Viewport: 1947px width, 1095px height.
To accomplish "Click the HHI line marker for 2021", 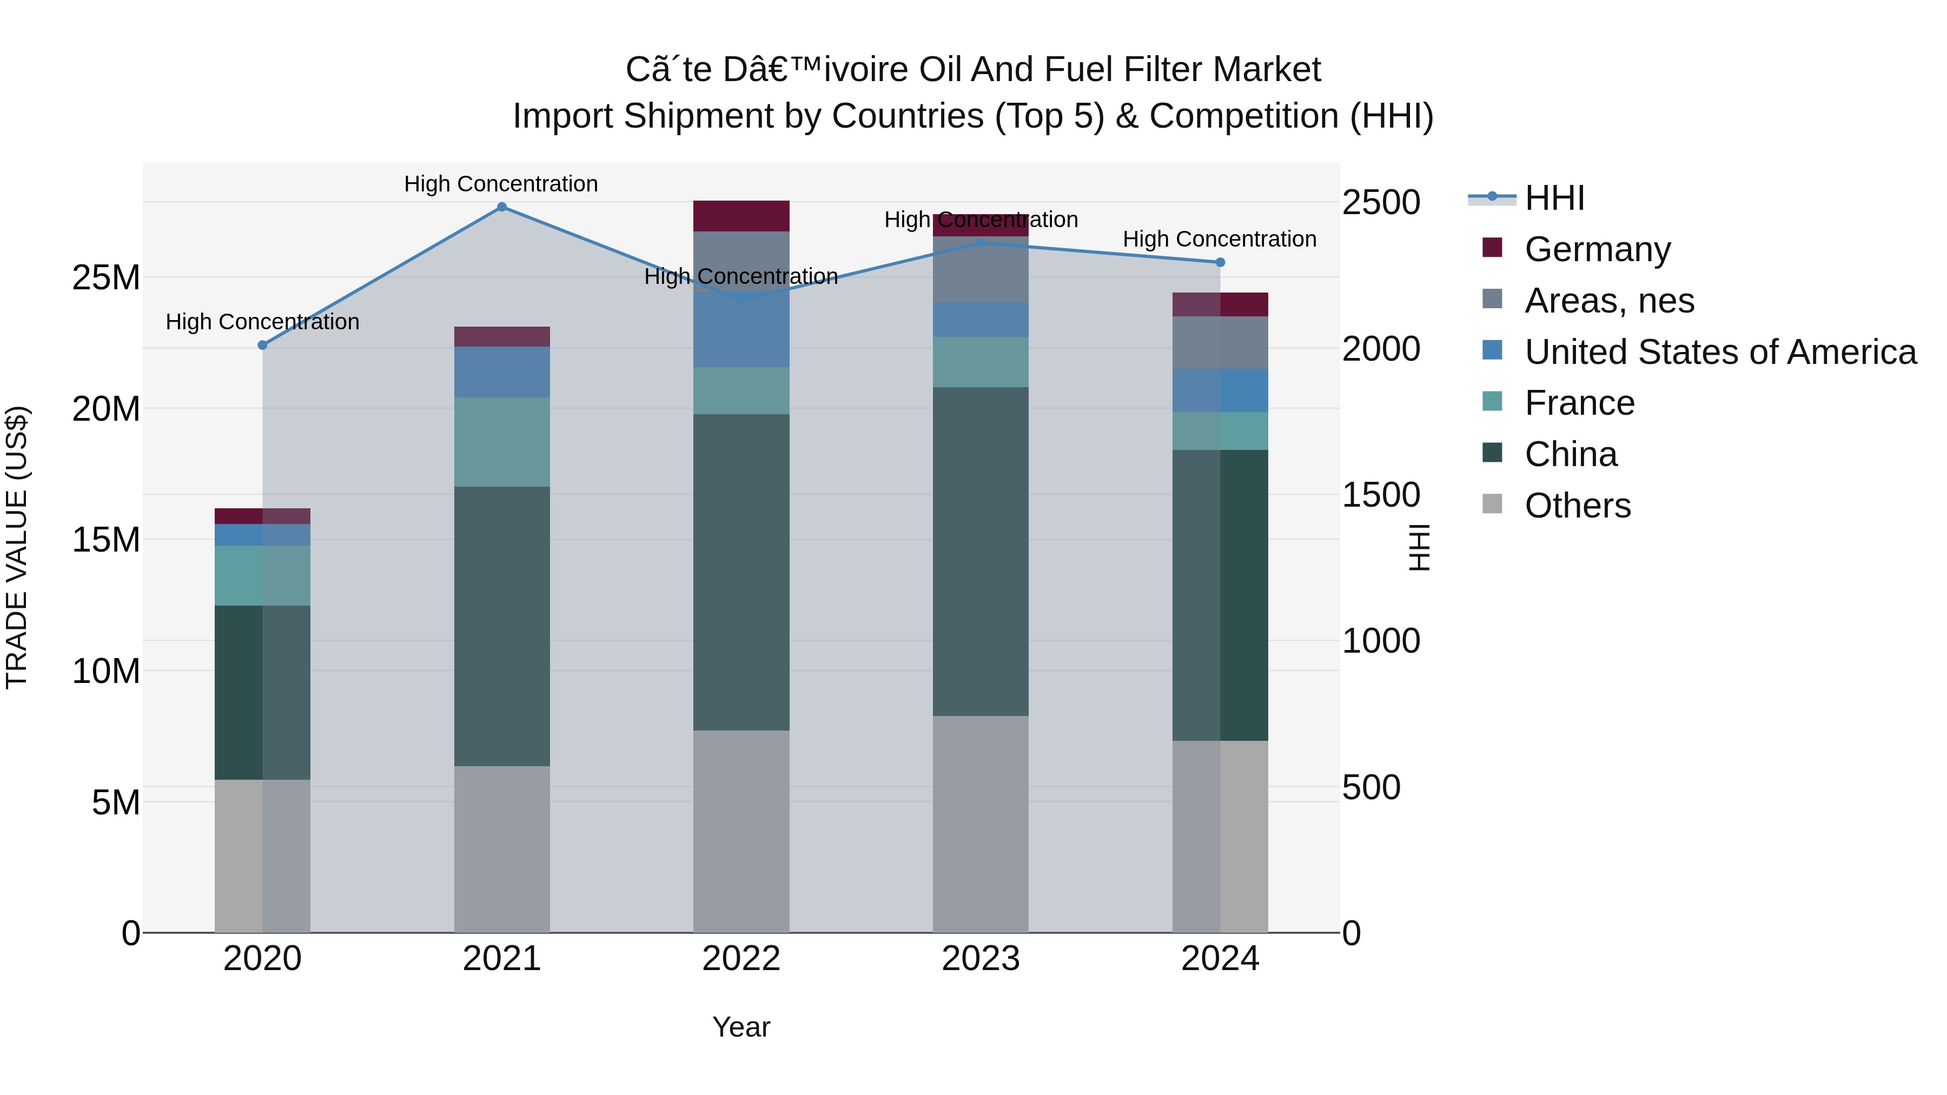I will [501, 207].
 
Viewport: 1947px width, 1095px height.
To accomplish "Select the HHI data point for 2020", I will [262, 346].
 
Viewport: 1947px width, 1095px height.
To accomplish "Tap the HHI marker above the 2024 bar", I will [1220, 262].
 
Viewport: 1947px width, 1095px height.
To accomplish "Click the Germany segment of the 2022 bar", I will [741, 216].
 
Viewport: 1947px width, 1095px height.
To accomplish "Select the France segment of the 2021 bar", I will [501, 442].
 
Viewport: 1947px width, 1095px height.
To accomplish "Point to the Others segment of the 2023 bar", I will [981, 824].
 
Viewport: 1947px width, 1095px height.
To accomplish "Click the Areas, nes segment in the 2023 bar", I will [981, 272].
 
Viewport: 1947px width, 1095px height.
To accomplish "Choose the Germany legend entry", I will [1597, 249].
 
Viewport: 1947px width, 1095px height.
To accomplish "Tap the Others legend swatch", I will [1492, 504].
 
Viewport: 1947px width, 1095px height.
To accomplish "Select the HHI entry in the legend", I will [1554, 198].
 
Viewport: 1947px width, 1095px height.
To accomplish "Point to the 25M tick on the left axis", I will [106, 277].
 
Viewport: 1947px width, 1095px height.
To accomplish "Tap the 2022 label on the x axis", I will [741, 959].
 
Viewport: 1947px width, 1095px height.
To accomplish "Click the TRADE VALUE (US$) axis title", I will [17, 547].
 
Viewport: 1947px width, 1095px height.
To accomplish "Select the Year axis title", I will [741, 1027].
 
